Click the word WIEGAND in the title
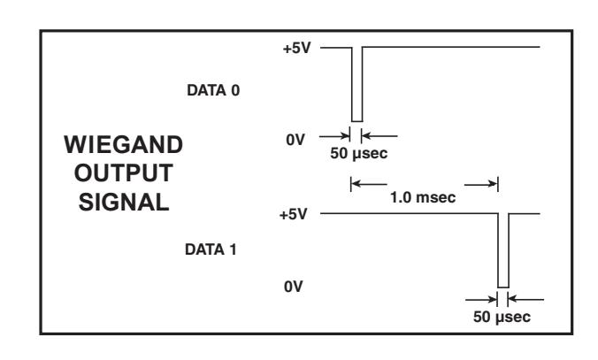point(124,145)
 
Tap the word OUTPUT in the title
point(124,173)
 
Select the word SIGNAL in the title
point(124,203)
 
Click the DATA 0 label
point(213,90)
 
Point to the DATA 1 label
point(211,249)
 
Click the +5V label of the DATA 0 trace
point(296,49)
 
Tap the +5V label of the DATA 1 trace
point(294,214)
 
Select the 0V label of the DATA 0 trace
point(295,140)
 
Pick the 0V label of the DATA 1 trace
point(294,287)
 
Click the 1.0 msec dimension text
point(423,197)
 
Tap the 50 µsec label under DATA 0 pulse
point(359,153)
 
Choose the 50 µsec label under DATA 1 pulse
point(502,317)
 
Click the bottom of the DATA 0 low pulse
point(357,121)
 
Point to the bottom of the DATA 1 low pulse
point(503,287)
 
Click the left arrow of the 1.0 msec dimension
point(369,184)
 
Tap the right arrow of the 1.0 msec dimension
point(481,185)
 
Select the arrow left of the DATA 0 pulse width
point(334,135)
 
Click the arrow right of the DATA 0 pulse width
point(379,135)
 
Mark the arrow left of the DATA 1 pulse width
point(481,300)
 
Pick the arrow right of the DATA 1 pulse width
point(526,300)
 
